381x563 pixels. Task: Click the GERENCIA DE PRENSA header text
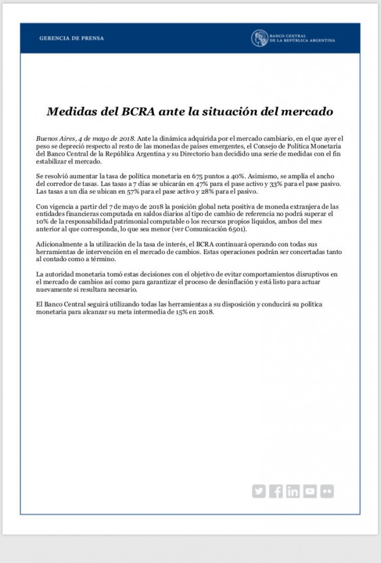(x=71, y=38)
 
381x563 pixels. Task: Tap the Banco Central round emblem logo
(x=260, y=38)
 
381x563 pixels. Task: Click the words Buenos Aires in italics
(x=51, y=138)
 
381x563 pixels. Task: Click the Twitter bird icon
(x=259, y=491)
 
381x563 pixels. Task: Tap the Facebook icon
(x=276, y=491)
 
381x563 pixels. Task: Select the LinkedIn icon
(x=293, y=491)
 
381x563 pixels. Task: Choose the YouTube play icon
(x=310, y=491)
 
